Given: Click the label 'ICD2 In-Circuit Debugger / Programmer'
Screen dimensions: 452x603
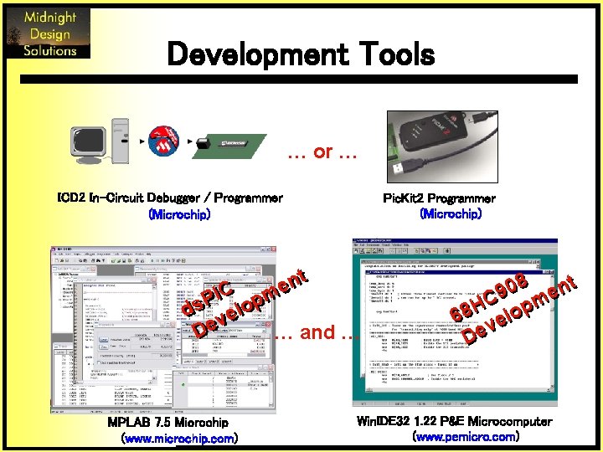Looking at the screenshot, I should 168,198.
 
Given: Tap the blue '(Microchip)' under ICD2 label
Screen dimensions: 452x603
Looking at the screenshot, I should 178,214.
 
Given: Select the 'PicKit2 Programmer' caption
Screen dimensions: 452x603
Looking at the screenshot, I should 439,198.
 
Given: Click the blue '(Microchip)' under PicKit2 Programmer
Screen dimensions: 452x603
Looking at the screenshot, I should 450,214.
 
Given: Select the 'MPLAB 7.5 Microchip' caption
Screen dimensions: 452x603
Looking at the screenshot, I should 167,423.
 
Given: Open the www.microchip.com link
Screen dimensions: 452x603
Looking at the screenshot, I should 179,438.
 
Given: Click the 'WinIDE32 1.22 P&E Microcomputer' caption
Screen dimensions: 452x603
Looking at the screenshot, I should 454,421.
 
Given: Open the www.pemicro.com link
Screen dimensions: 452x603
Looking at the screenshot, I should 466,436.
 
